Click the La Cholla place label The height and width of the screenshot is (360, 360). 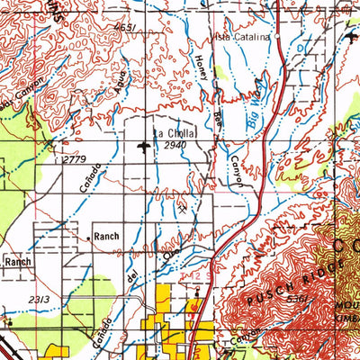(174, 133)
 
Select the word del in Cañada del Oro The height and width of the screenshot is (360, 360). (131, 280)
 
